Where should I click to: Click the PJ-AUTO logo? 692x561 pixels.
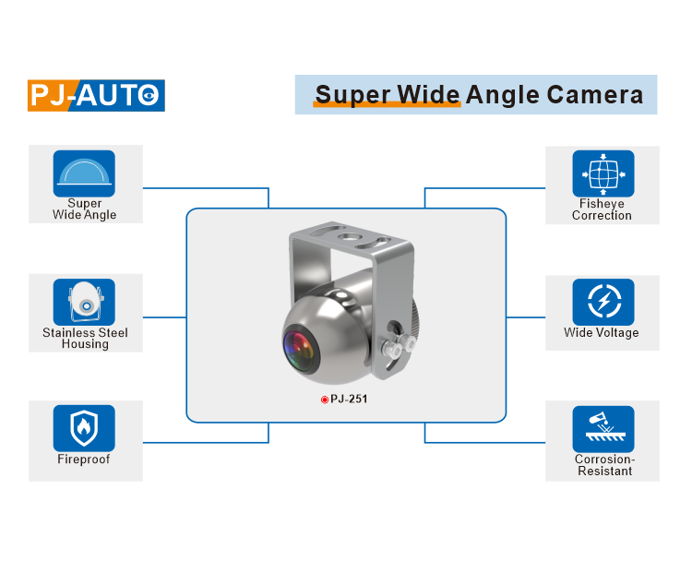pos(96,95)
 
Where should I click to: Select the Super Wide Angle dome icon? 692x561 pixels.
pos(85,173)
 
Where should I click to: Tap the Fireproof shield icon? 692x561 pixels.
pos(85,427)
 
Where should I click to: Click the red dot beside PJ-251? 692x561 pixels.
pos(325,400)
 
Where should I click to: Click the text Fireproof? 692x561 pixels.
pos(84,460)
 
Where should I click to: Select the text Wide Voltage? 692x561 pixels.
pos(602,333)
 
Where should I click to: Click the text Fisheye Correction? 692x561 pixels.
pos(602,209)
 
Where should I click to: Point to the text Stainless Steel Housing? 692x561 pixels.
pos(85,339)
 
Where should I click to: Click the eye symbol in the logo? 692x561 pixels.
pos(151,95)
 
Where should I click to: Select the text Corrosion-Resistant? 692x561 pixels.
pos(604,465)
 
